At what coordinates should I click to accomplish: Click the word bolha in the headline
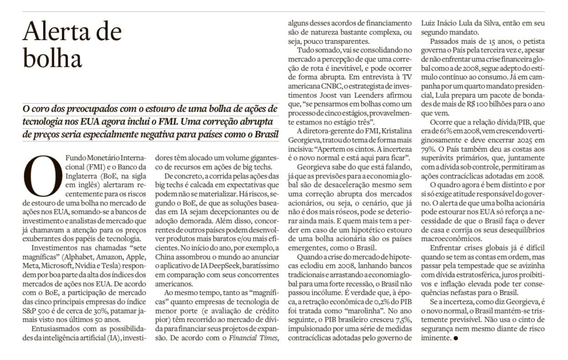click(52, 58)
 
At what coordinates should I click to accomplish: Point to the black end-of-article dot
click(455, 339)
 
